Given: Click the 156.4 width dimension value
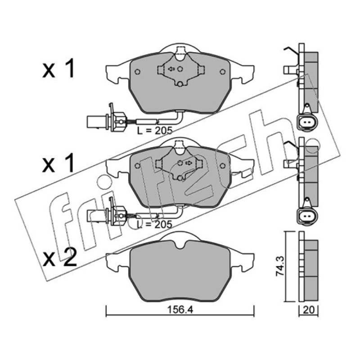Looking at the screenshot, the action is tap(180, 310).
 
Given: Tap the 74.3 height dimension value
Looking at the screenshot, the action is tap(280, 266).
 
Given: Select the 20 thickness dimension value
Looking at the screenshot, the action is tap(309, 310).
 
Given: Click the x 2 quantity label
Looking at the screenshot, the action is tap(60, 258).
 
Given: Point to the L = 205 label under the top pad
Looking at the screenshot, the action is tap(154, 130).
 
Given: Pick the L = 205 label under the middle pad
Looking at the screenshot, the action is tap(154, 224).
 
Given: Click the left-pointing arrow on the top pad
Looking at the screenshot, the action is tap(171, 69).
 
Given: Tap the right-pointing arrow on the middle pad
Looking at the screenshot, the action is tap(189, 163).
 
